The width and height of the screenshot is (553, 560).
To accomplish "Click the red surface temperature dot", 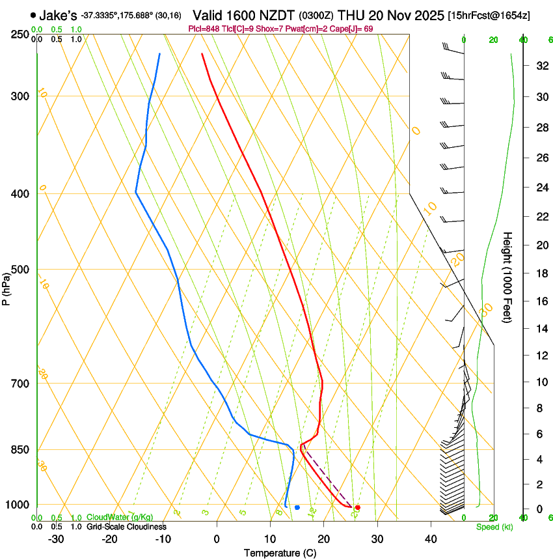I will click(358, 507).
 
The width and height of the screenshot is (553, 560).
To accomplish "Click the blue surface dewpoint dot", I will click(297, 507).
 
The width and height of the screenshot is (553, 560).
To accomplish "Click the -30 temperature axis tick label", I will click(56, 539).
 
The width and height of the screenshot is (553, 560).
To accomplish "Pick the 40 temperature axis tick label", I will click(431, 539).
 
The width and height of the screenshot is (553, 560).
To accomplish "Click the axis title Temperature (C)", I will click(280, 553).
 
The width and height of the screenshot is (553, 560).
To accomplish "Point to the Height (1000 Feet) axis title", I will click(507, 277).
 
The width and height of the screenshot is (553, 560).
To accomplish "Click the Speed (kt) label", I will click(494, 527).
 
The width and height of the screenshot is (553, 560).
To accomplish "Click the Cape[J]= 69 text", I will click(351, 29).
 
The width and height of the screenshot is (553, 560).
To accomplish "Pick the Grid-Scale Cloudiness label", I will click(126, 527).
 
